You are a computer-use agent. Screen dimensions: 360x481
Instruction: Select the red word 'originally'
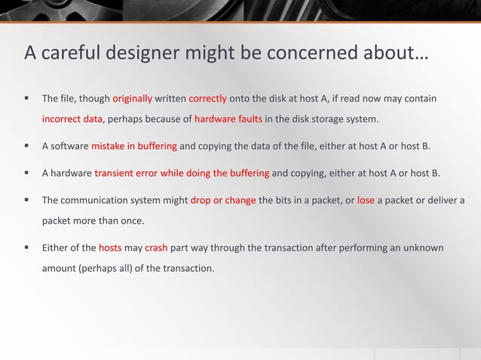pos(133,99)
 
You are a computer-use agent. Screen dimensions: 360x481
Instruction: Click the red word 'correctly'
pos(208,99)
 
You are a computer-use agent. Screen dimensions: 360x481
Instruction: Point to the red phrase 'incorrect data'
pos(72,119)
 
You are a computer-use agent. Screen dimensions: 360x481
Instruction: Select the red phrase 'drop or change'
pos(223,200)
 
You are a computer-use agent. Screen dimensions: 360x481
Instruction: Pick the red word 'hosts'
pos(110,248)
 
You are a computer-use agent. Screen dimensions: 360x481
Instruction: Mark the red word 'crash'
pos(156,248)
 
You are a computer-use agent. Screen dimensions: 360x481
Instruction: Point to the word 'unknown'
pos(424,248)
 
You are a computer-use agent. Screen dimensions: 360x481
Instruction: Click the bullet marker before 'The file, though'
pos(26,99)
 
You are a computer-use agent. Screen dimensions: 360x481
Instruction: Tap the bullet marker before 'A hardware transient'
pos(26,173)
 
